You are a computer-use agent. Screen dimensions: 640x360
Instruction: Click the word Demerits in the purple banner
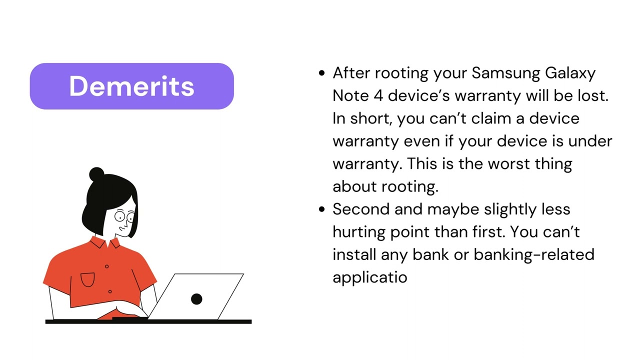(x=131, y=86)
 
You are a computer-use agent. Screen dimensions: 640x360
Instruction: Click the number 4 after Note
(x=378, y=95)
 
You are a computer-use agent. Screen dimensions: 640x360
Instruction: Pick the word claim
(x=491, y=118)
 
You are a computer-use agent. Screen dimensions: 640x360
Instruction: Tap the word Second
(x=361, y=209)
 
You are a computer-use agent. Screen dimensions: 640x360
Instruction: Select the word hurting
(x=359, y=233)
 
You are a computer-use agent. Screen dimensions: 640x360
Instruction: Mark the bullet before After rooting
(x=321, y=73)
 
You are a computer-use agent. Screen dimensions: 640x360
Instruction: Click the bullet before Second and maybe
(x=321, y=209)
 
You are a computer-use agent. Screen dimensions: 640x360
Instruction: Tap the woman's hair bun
(x=96, y=174)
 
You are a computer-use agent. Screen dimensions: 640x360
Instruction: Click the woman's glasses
(x=124, y=216)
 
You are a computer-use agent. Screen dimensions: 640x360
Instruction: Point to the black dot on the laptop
(x=196, y=299)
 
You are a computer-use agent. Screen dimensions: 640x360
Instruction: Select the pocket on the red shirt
(x=87, y=279)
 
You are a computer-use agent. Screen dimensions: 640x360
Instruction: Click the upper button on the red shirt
(x=107, y=266)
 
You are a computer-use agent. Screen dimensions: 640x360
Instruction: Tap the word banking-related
(x=534, y=254)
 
